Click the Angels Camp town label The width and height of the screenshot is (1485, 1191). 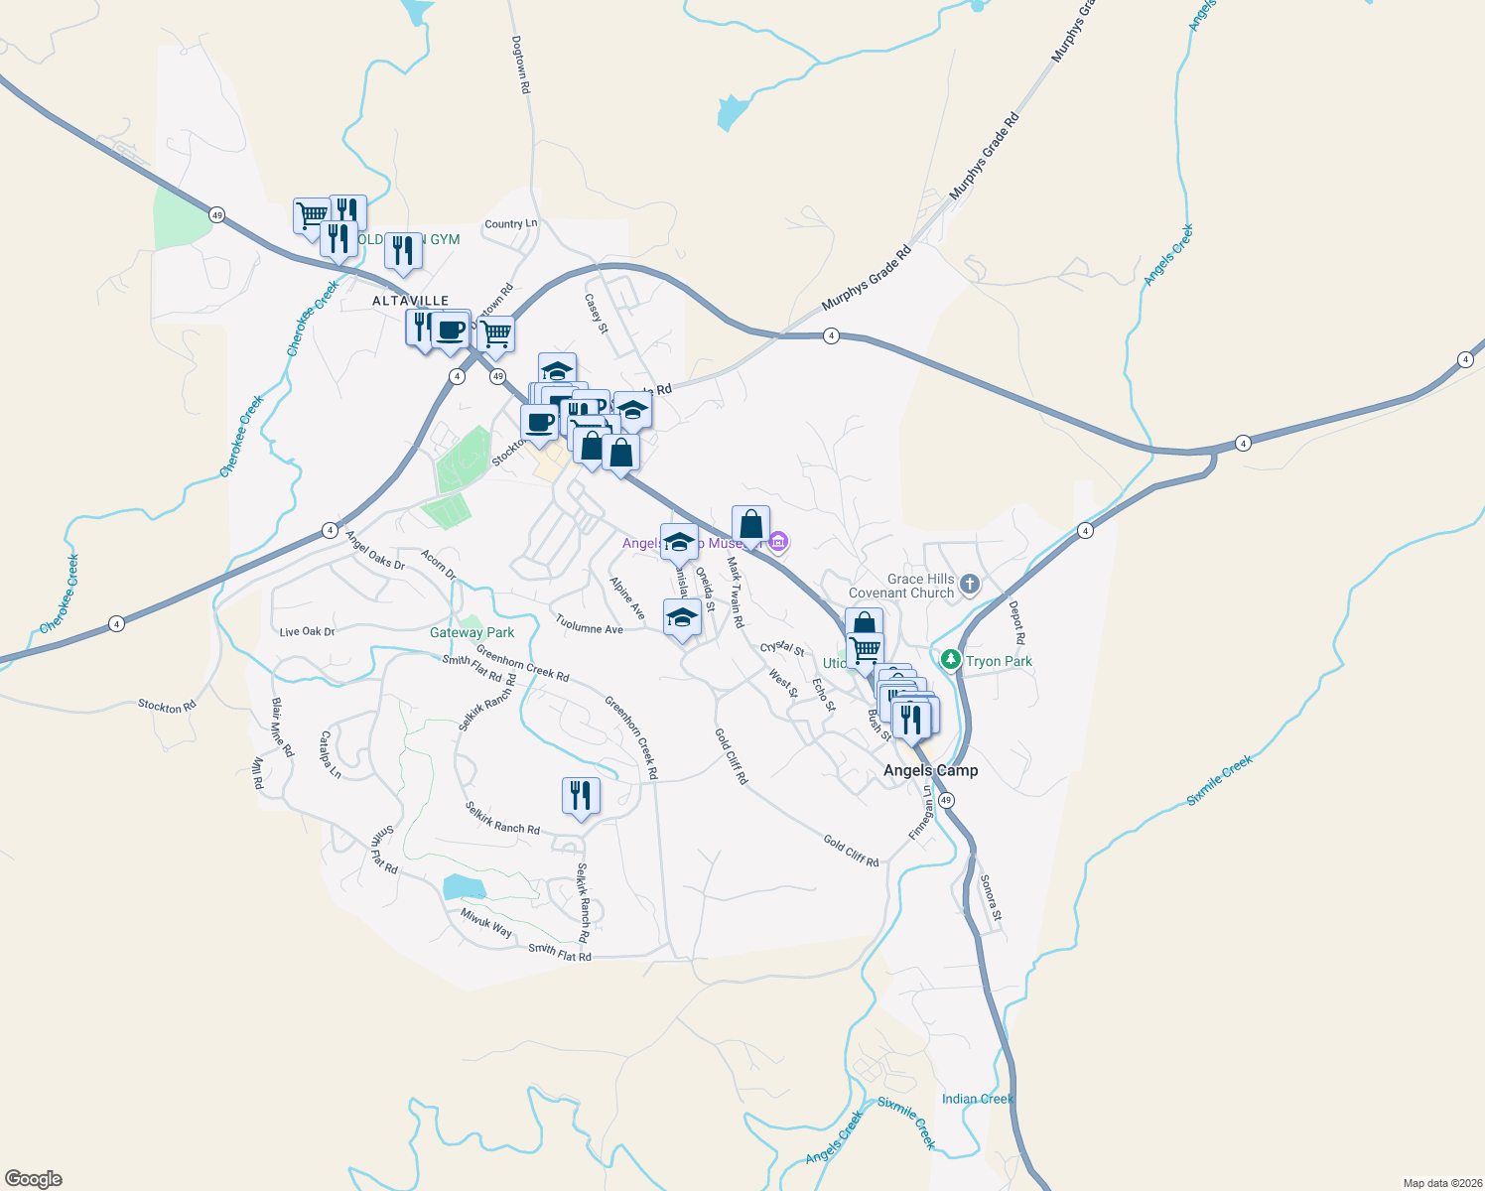(930, 770)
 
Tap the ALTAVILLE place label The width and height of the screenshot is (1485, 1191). (410, 301)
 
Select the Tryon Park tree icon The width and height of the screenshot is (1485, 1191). (951, 660)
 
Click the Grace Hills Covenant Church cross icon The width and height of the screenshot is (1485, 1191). (970, 585)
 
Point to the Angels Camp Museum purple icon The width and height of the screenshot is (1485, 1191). (778, 543)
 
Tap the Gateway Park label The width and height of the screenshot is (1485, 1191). (472, 632)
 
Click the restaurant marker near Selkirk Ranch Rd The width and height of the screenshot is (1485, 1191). (581, 796)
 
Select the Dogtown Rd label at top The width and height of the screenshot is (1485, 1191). (521, 66)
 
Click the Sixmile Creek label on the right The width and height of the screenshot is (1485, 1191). (1220, 780)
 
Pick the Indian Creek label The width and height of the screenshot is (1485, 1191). (977, 1099)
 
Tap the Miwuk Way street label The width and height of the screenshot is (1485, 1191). (486, 924)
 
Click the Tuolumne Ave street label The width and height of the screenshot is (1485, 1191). (589, 624)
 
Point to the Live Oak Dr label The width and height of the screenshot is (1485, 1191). (307, 631)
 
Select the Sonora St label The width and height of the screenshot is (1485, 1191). (991, 897)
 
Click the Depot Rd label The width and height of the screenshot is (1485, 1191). (1016, 623)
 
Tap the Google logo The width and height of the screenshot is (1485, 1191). (34, 1179)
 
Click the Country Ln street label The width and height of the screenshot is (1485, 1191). (510, 224)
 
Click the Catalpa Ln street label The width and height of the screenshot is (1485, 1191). (330, 755)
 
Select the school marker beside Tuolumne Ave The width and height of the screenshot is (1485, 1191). (682, 618)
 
